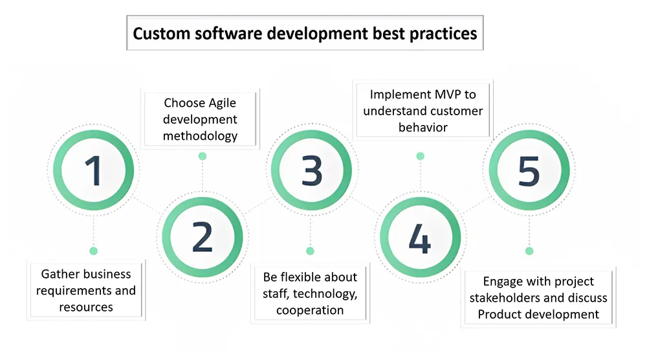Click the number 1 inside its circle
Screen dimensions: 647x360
click(94, 171)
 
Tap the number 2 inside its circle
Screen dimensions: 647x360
click(202, 237)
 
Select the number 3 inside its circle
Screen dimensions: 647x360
click(312, 170)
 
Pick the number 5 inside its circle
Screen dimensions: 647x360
click(529, 170)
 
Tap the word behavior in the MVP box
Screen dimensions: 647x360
click(423, 128)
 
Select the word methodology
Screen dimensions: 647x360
click(200, 136)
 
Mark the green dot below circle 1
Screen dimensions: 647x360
click(94, 251)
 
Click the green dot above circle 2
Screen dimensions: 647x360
click(202, 156)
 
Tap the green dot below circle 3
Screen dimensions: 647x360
click(311, 251)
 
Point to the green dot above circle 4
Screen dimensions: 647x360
click(421, 156)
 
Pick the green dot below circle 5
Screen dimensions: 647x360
click(529, 251)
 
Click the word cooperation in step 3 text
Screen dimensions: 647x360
click(310, 310)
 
